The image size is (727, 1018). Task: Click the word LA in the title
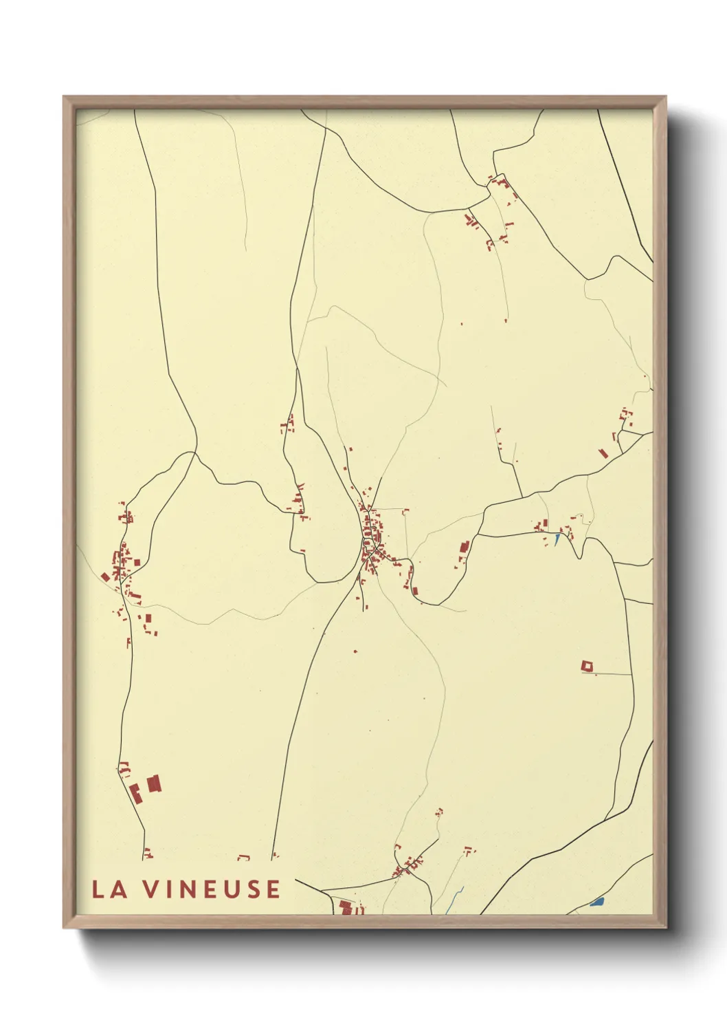[109, 889]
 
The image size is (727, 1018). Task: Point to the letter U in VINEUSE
[232, 889]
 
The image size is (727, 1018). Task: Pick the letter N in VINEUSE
[189, 889]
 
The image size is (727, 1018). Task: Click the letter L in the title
[98, 889]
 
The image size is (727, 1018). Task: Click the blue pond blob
[596, 901]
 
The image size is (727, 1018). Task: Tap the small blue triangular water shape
[557, 539]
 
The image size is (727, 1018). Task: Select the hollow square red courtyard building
[587, 666]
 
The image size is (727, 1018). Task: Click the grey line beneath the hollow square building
[608, 674]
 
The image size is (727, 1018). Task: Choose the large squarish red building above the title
[153, 783]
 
